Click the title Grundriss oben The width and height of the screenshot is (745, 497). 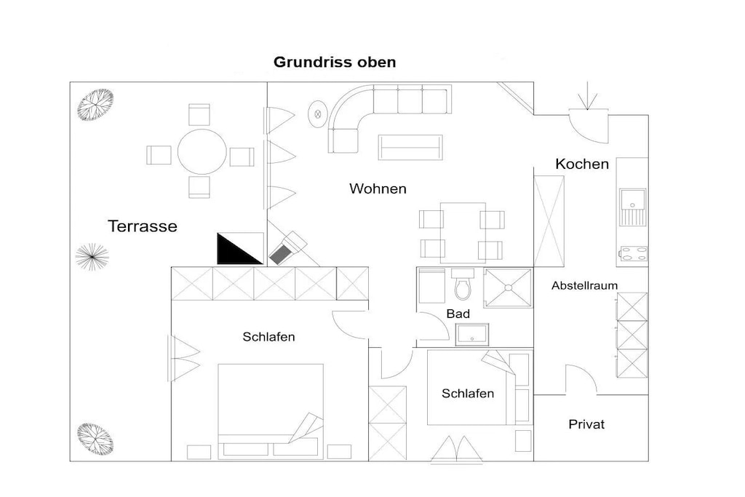click(335, 63)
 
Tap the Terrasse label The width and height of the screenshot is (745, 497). click(143, 226)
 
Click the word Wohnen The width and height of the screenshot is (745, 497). click(378, 188)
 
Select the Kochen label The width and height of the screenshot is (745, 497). click(582, 164)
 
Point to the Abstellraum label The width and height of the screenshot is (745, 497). click(584, 285)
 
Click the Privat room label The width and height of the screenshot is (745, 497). click(586, 424)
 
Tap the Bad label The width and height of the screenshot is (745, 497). click(458, 314)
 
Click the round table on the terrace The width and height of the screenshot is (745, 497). click(202, 151)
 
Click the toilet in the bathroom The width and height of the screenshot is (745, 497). click(463, 284)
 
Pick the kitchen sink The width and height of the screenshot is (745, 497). click(632, 207)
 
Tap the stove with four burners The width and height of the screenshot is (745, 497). click(634, 254)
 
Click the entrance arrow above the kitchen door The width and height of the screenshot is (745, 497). click(588, 96)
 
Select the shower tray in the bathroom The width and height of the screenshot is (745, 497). click(508, 287)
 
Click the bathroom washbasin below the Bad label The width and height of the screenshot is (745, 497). click(471, 335)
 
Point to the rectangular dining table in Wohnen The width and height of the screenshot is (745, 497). click(462, 233)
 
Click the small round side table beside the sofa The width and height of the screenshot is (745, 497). click(318, 114)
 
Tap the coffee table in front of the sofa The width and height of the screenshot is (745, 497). click(410, 147)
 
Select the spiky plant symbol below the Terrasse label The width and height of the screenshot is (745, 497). click(92, 257)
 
